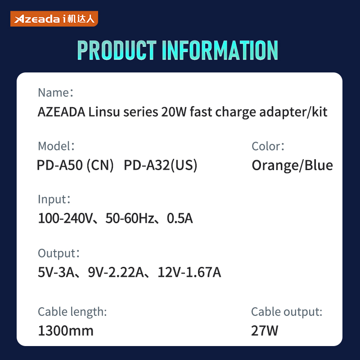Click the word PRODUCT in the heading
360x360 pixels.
(x=117, y=50)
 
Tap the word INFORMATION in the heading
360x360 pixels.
(x=220, y=50)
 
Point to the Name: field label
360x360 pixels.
(x=55, y=93)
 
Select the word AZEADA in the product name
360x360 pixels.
(x=61, y=112)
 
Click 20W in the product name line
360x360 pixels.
(x=174, y=112)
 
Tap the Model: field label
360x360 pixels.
(x=56, y=146)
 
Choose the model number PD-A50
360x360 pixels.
(x=60, y=165)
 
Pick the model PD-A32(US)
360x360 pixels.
(x=161, y=165)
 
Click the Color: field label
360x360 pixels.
(x=268, y=146)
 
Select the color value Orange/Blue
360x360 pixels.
(x=292, y=165)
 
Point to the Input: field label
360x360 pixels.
(x=54, y=199)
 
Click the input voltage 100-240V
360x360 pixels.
(x=65, y=218)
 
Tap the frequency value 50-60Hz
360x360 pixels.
(x=130, y=218)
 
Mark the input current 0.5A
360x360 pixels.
(x=180, y=218)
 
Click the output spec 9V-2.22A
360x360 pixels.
(x=116, y=272)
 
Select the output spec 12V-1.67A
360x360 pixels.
(x=189, y=272)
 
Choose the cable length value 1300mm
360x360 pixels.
(x=66, y=331)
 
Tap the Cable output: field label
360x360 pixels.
(x=287, y=312)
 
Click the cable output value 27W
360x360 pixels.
(x=265, y=331)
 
